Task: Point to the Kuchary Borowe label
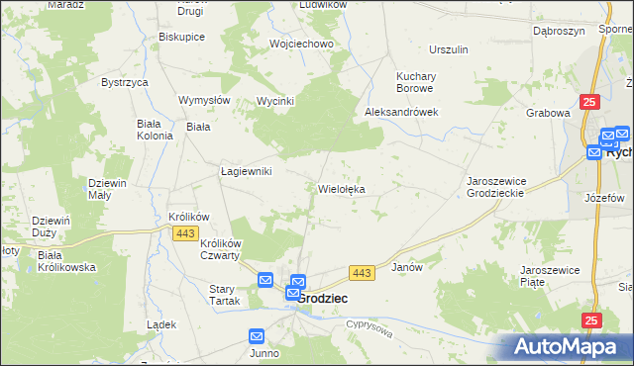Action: coord(423,82)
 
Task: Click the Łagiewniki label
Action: coord(246,170)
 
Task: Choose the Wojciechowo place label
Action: coord(301,44)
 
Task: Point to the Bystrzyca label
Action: coord(124,82)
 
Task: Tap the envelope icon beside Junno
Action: coord(257,336)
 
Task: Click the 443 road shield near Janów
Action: coord(361,272)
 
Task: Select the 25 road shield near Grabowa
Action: coord(590,102)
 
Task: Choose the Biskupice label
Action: coord(181,37)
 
